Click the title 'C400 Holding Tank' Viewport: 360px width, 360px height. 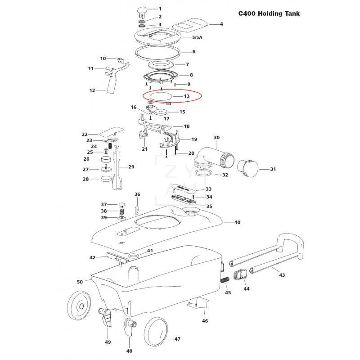point(269,13)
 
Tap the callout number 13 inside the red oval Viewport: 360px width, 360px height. point(186,96)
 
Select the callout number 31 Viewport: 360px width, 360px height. point(272,169)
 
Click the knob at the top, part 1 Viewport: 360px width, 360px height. point(142,10)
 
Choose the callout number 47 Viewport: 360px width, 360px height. point(177,339)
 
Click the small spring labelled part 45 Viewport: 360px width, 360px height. point(225,280)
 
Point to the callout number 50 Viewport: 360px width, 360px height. point(80,282)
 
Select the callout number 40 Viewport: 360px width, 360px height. point(238,222)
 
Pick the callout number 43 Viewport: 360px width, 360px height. point(282,274)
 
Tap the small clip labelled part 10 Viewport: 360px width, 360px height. point(120,60)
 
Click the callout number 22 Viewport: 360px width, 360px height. point(84,134)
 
